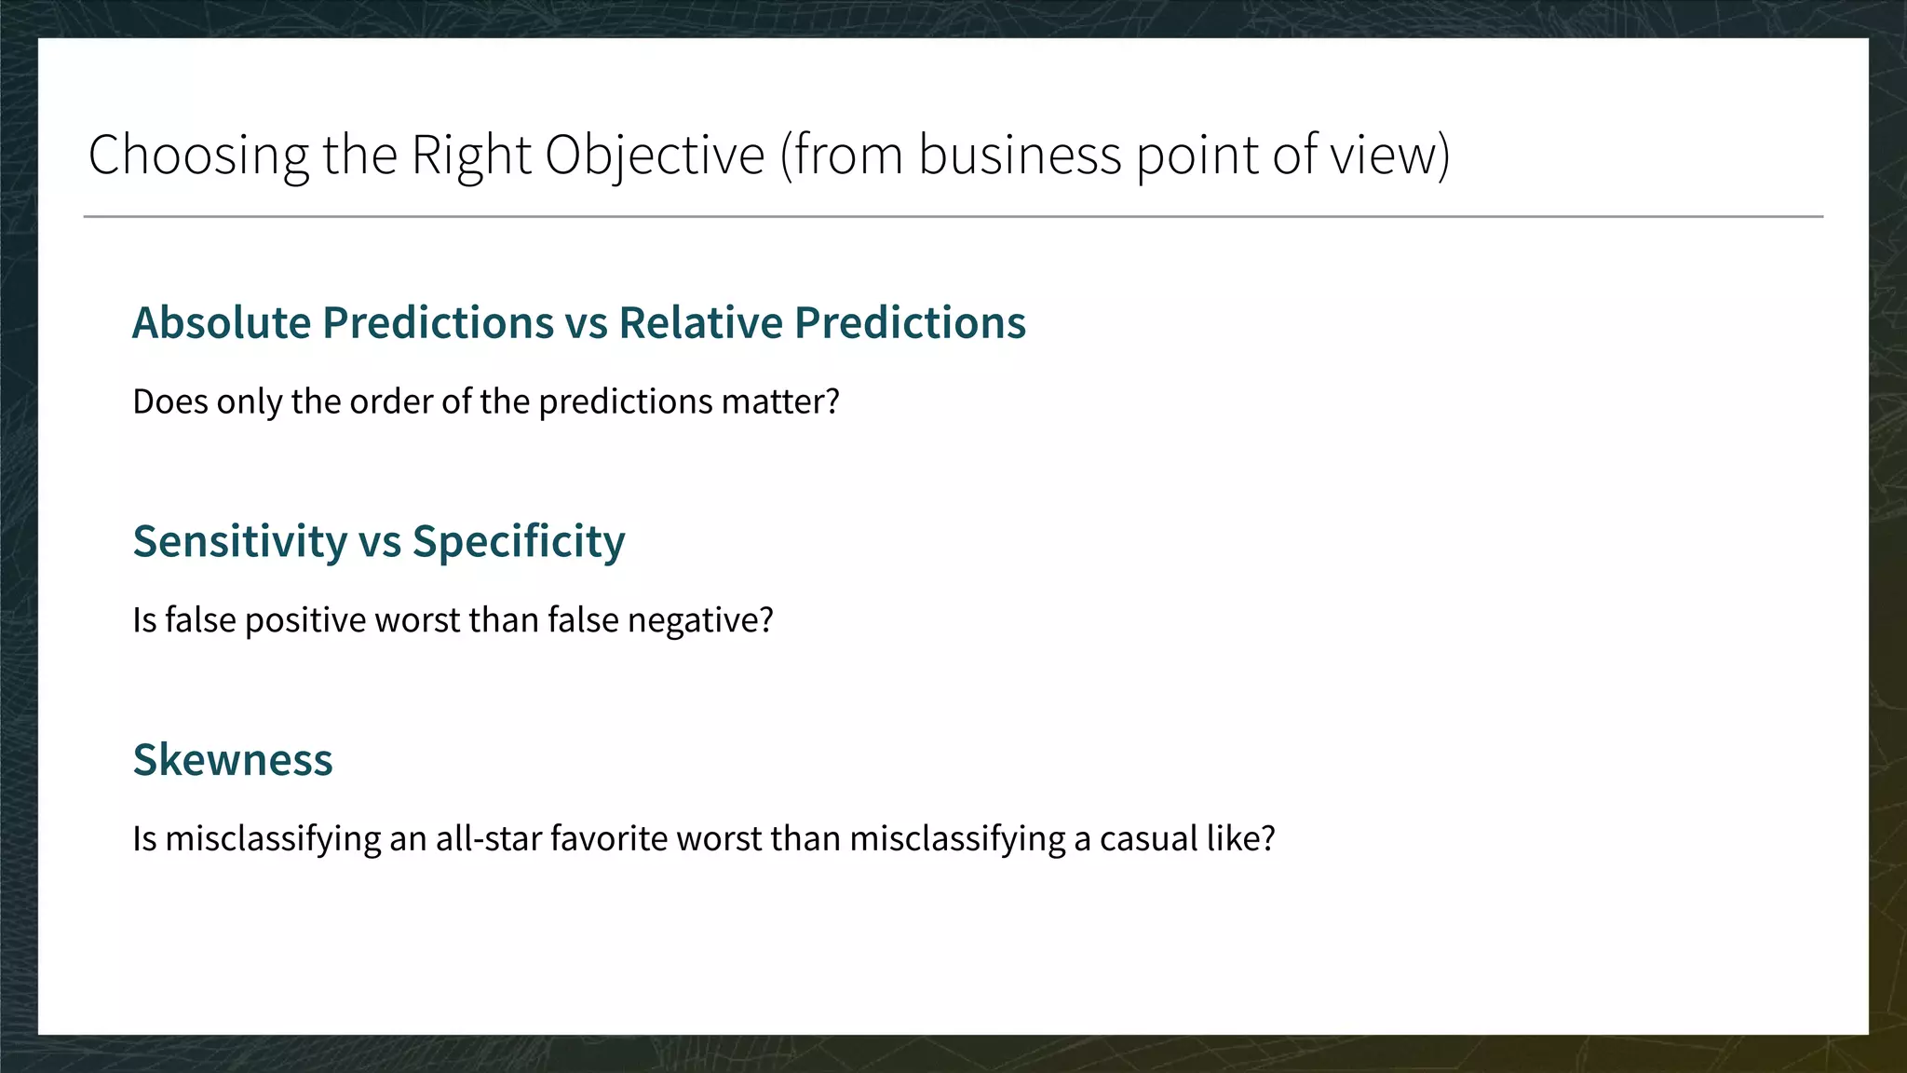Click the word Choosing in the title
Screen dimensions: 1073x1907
click(x=197, y=155)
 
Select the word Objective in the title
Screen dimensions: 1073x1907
click(x=655, y=155)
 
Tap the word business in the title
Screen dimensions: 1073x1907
click(x=1020, y=155)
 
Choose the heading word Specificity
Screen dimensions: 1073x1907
click(x=519, y=542)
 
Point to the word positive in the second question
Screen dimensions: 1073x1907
click(x=305, y=620)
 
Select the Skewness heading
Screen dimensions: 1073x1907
click(x=233, y=760)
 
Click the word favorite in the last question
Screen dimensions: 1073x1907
click(x=609, y=838)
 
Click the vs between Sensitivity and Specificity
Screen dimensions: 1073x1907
click(x=379, y=542)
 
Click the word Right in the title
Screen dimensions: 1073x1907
click(x=471, y=155)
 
